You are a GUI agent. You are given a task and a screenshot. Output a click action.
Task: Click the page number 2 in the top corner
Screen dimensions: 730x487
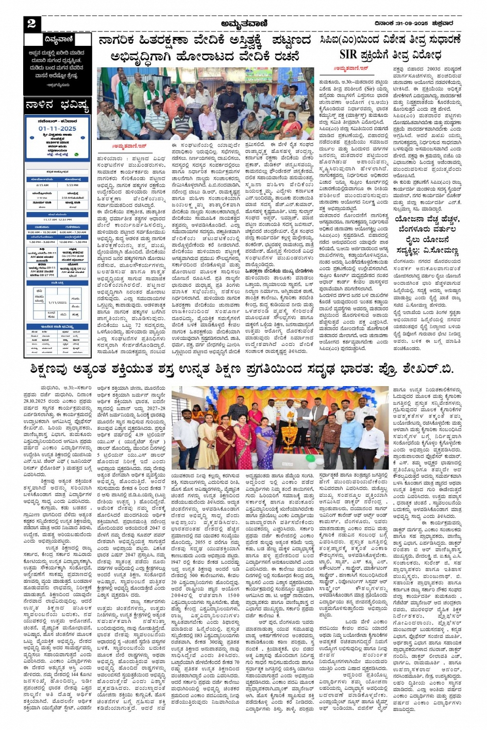point(32,23)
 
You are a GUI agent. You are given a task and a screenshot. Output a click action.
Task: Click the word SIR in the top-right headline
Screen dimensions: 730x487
point(349,55)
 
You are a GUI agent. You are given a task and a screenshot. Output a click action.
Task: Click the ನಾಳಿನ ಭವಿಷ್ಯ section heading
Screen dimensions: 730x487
point(58,107)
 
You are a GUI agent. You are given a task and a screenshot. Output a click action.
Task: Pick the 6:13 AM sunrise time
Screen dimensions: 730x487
point(42,185)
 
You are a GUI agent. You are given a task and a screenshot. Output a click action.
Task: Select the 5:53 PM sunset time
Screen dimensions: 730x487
point(72,185)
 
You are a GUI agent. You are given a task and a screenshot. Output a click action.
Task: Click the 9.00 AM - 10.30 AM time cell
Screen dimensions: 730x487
point(42,232)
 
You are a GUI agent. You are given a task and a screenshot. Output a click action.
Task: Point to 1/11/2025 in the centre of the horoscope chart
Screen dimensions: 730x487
point(57,303)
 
